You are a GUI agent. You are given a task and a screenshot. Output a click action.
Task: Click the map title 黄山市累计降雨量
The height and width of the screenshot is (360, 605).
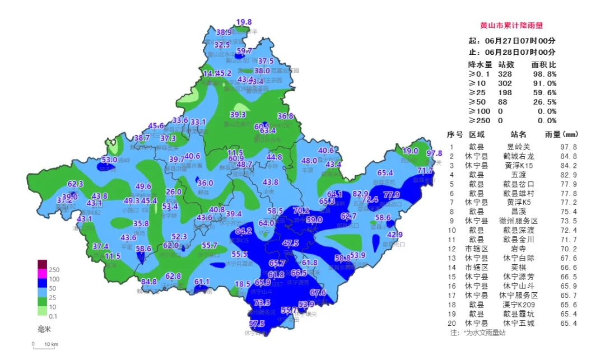511,26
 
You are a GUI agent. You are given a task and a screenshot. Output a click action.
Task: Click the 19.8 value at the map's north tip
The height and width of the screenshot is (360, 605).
244,22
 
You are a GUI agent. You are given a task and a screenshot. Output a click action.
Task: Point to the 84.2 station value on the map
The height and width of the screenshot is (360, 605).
243,231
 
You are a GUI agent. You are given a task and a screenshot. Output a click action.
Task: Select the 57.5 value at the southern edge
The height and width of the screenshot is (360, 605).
257,324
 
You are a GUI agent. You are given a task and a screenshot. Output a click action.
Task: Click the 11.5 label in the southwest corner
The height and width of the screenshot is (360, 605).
113,256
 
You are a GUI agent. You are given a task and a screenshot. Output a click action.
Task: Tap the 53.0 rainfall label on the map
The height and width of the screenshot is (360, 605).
109,160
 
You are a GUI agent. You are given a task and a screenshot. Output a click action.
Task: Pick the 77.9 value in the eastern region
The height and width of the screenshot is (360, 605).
391,195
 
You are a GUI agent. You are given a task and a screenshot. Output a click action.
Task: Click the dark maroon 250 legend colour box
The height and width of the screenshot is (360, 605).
43,264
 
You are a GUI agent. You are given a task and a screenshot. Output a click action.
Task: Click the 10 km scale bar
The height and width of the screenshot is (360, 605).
45,347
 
